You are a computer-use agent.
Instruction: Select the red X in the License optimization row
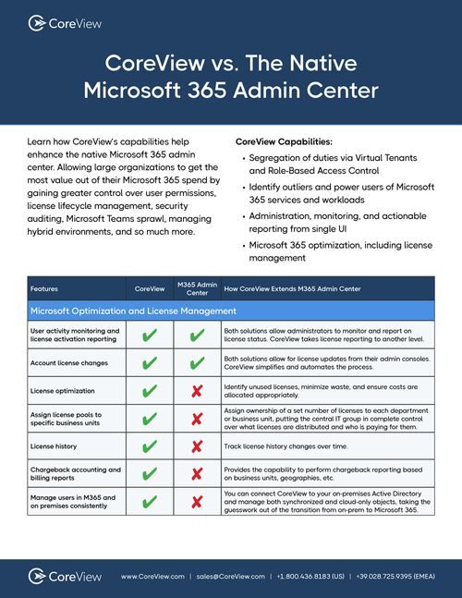196,392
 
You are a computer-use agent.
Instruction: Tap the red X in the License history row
196,447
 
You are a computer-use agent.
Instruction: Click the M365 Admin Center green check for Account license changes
196,364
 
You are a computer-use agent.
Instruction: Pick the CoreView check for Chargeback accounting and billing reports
151,475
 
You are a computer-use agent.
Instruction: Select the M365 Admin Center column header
196,288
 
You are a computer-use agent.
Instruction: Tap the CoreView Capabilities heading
283,142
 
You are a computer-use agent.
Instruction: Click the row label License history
55,447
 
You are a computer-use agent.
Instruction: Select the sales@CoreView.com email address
230,576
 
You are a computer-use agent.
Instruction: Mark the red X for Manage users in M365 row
196,503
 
